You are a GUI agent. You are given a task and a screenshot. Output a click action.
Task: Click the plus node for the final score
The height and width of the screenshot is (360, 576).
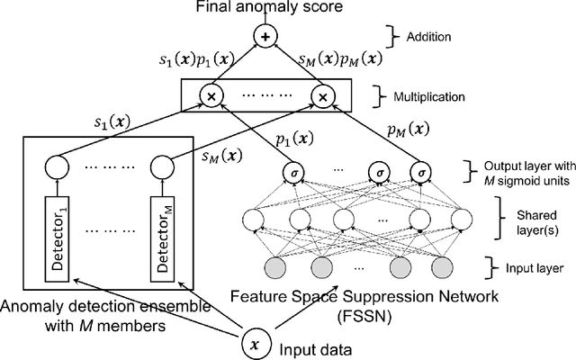(x=265, y=37)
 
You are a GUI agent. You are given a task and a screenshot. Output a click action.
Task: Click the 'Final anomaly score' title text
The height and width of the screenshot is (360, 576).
(x=265, y=9)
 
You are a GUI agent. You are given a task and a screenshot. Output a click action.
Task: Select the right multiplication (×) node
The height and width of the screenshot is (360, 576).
(x=321, y=94)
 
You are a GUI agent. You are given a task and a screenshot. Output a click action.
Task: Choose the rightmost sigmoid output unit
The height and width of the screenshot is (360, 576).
(x=418, y=174)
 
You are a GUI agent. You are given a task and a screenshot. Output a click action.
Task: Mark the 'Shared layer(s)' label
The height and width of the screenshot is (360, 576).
(x=523, y=220)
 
